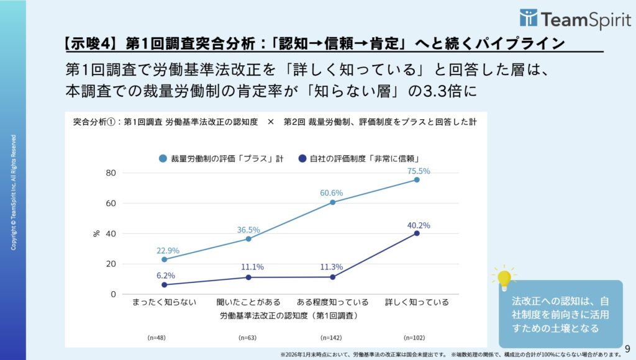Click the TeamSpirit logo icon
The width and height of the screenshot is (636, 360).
(529, 18)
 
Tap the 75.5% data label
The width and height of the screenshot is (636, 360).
(417, 171)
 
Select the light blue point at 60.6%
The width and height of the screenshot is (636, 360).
(333, 202)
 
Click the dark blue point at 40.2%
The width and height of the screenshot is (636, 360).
(417, 233)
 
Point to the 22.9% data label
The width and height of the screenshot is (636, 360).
(168, 251)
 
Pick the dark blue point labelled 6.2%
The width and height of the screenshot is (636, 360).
(165, 285)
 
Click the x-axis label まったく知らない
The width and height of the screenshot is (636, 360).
(165, 302)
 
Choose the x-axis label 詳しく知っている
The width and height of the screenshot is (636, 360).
(417, 302)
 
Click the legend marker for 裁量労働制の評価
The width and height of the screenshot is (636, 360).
(163, 158)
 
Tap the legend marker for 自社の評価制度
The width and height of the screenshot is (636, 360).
(302, 158)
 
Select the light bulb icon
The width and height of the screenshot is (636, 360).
(504, 279)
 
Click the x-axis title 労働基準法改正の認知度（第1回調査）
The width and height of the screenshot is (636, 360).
(289, 315)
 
